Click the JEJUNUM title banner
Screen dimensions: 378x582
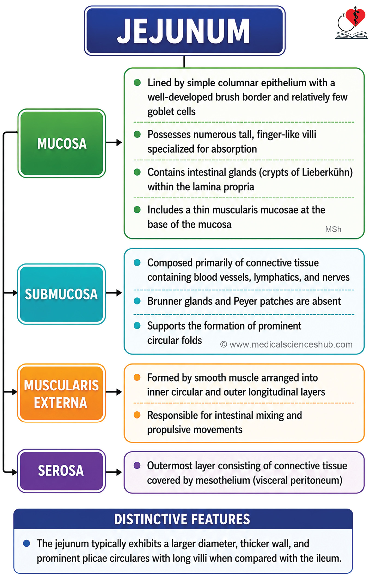[185, 31]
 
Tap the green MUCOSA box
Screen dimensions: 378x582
[62, 143]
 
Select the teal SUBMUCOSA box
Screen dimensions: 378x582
[61, 294]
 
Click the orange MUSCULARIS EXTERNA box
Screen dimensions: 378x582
[61, 393]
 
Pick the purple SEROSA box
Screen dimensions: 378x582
[61, 471]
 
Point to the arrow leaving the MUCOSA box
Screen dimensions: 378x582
[114, 142]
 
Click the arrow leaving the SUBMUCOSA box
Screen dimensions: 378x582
[114, 293]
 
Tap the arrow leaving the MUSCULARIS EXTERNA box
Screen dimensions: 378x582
[114, 392]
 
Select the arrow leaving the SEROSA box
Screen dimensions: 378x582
[114, 472]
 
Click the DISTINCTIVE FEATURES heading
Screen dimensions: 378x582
[182, 519]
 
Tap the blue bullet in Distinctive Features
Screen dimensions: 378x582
[26, 543]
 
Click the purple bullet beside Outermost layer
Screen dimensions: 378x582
[137, 465]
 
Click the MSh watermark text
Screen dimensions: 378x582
[333, 229]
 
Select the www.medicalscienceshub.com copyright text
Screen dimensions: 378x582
[286, 345]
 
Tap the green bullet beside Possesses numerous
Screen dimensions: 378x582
[137, 134]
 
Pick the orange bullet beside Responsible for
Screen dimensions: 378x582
[137, 415]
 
